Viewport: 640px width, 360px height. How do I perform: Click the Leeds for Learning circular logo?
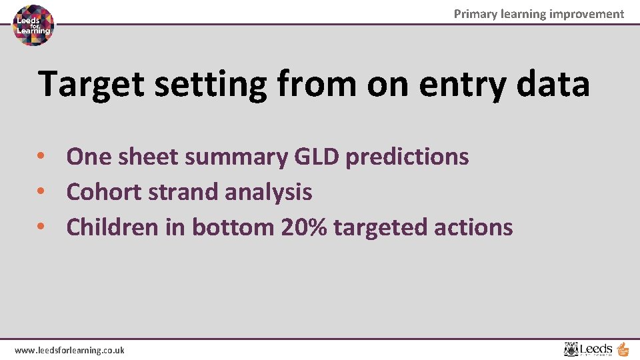click(34, 25)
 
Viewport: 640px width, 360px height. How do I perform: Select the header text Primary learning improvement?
click(539, 14)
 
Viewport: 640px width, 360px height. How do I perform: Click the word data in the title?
click(553, 84)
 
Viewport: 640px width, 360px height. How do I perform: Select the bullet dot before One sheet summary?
click(41, 157)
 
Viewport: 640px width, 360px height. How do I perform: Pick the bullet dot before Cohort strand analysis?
click(41, 192)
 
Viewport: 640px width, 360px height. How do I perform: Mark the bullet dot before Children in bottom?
click(41, 227)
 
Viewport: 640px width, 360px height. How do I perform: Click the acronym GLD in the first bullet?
click(316, 157)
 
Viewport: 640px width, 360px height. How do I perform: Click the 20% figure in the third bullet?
click(304, 227)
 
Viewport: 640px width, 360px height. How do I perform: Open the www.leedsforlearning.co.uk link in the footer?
click(69, 350)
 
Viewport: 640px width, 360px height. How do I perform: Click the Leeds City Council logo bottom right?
click(595, 349)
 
